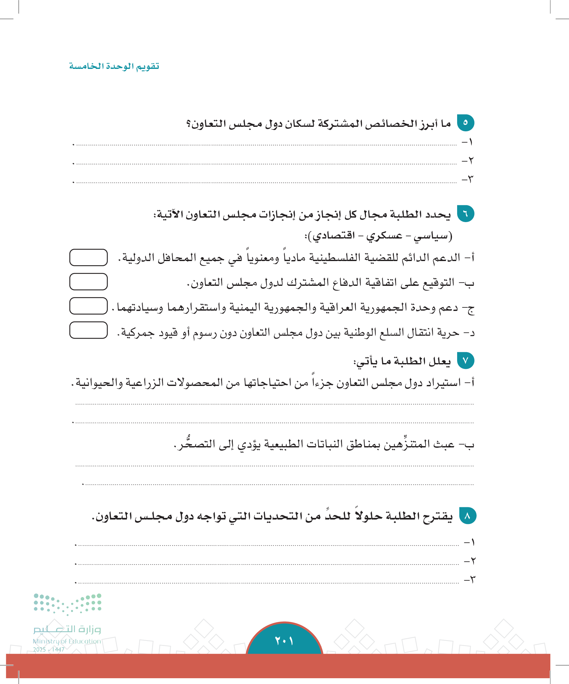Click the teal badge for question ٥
465,123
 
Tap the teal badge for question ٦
465,214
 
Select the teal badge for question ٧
465,360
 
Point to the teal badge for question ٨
467,516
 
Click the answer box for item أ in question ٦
88,257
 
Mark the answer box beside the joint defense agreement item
88,281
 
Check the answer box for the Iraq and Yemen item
88,306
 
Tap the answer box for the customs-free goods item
88,330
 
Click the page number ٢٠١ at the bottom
284,641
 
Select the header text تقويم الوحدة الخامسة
114,66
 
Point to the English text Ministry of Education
67,641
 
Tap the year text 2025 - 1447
49,650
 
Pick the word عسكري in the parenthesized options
384,235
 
